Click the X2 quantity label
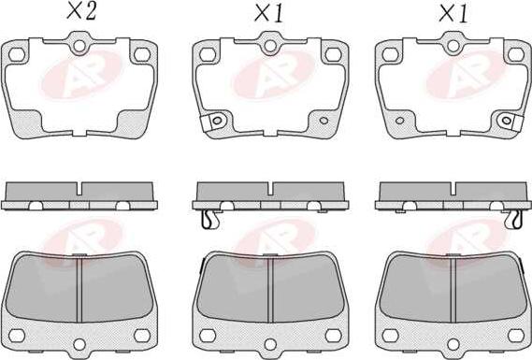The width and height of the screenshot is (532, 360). pyautogui.click(x=81, y=11)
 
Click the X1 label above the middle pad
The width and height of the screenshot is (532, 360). pyautogui.click(x=269, y=14)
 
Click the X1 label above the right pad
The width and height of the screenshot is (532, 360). pyautogui.click(x=453, y=14)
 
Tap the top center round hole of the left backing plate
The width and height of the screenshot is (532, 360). pyautogui.click(x=79, y=46)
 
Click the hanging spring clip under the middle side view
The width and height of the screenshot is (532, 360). pyautogui.click(x=208, y=219)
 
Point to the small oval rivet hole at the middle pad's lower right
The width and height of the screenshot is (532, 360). pyautogui.click(x=324, y=121)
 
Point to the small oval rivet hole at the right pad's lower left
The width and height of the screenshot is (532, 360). pyautogui.click(x=399, y=121)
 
